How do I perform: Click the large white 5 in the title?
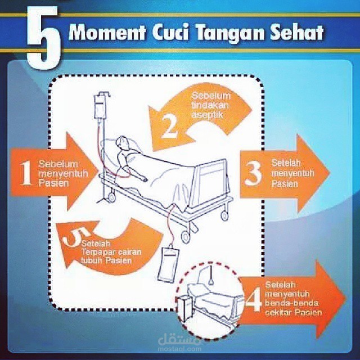(44, 38)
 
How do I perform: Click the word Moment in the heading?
(107, 33)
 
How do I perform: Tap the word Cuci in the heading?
(170, 32)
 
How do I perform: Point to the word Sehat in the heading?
(297, 33)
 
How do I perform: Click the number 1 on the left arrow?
(25, 173)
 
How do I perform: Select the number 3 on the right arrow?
(253, 173)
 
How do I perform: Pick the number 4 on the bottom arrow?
(254, 299)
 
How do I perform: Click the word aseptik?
(207, 115)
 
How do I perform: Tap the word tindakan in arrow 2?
(210, 105)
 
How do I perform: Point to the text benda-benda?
(291, 303)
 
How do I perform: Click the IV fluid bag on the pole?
(100, 106)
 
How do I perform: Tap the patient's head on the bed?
(121, 143)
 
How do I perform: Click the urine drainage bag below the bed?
(168, 264)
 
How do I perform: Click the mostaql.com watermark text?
(179, 349)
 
